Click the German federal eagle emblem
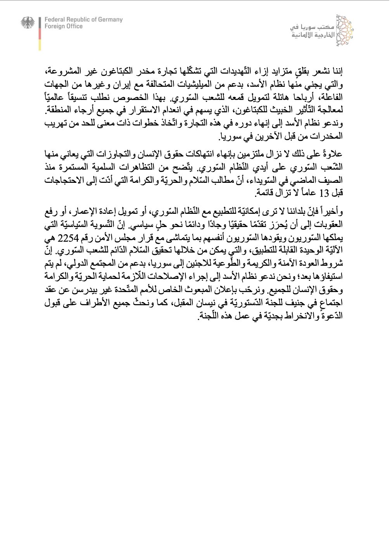(x=28, y=23)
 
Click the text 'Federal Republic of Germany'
(x=83, y=19)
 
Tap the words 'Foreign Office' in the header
(x=64, y=26)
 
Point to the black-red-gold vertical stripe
(x=40, y=33)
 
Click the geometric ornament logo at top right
(x=345, y=29)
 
